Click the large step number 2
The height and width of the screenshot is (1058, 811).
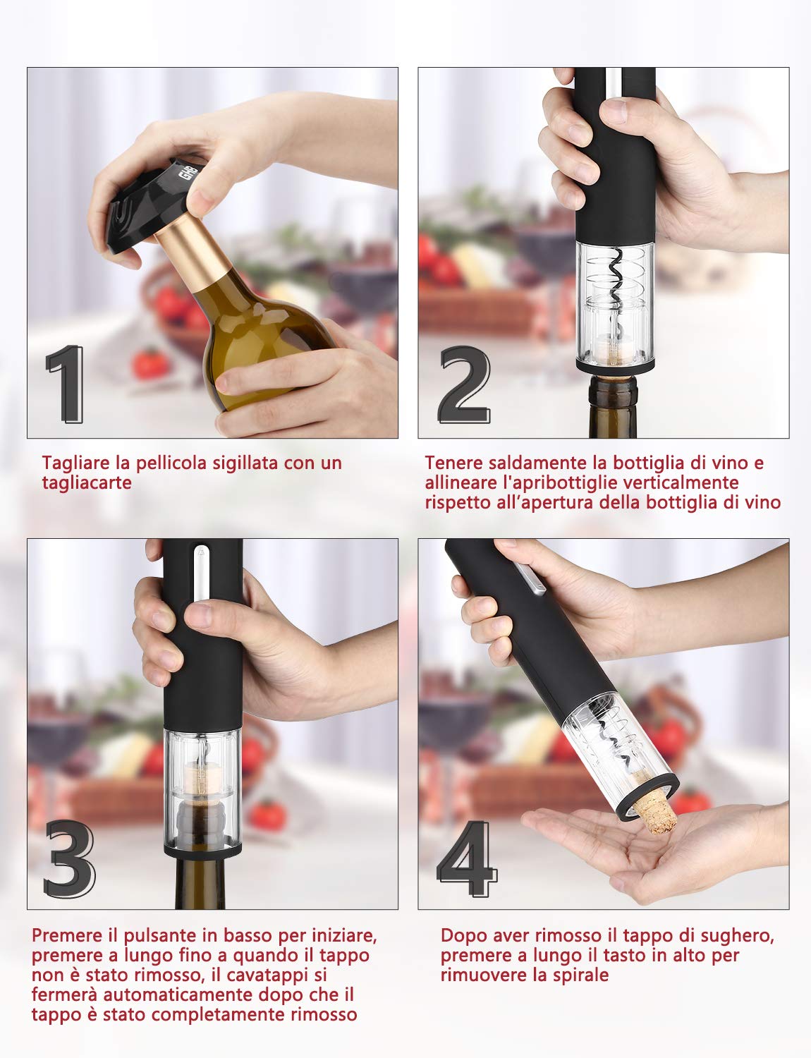point(463,384)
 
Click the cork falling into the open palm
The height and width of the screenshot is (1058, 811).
point(654,812)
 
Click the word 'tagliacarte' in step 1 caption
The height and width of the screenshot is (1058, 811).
point(87,483)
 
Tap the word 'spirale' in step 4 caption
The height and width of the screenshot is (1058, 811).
point(576,975)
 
